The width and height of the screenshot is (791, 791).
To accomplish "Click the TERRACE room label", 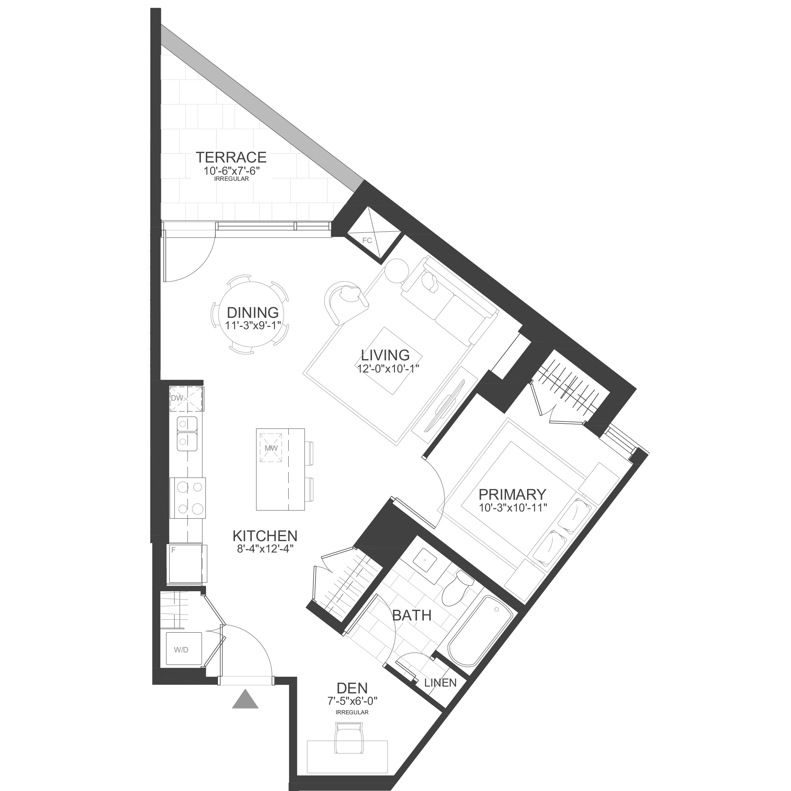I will [x=231, y=157].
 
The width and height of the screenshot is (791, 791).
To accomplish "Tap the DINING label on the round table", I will [x=253, y=313].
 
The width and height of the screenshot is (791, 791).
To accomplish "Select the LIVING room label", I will [x=385, y=355].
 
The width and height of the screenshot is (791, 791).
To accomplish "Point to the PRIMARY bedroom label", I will [x=513, y=494].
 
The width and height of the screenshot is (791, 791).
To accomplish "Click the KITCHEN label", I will [x=265, y=536].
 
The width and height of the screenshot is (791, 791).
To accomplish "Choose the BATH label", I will [x=412, y=615].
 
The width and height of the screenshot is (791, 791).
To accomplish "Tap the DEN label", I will [x=352, y=688].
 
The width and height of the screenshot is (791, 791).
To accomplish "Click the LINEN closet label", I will [x=440, y=682].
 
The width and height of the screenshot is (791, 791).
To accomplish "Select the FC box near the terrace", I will [x=367, y=240].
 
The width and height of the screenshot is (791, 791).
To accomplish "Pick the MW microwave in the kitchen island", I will [x=271, y=448].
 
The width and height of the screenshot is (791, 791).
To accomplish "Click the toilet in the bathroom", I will [x=456, y=588].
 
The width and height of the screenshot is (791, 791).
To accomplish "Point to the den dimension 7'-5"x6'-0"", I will [x=352, y=701].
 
